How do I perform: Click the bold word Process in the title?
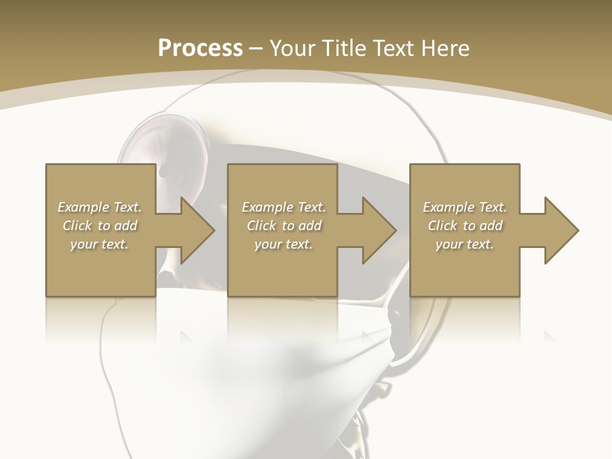click(x=200, y=48)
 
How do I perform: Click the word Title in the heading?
click(x=345, y=48)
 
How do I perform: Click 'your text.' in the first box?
click(x=99, y=244)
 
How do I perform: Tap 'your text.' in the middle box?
click(x=284, y=244)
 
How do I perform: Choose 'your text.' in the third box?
click(x=465, y=244)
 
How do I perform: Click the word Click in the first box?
click(x=77, y=226)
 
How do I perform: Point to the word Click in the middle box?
click(x=261, y=226)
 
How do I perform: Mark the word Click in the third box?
click(x=442, y=226)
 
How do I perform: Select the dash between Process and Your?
click(x=256, y=49)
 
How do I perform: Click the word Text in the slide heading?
click(x=391, y=48)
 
